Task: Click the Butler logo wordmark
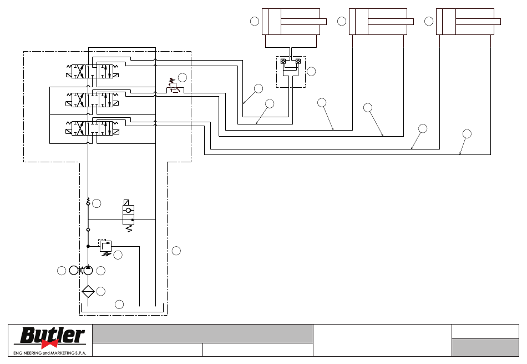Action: point(53,335)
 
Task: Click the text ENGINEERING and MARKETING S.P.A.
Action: point(50,353)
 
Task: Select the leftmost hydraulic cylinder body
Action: point(291,22)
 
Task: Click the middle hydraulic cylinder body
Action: point(378,22)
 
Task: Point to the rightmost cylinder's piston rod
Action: point(478,22)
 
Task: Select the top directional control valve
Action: point(93,71)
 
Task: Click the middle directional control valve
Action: point(93,100)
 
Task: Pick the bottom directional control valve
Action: point(93,128)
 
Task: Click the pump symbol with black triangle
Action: point(88,270)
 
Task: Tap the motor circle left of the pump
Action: point(74,270)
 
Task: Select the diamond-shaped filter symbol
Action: point(88,292)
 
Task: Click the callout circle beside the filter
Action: point(101,291)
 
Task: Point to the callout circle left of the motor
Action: point(62,271)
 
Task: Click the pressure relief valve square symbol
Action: point(105,246)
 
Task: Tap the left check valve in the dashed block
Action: point(283,61)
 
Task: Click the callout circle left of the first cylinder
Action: point(255,21)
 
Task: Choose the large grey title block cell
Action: point(202,333)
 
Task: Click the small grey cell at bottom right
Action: point(485,347)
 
